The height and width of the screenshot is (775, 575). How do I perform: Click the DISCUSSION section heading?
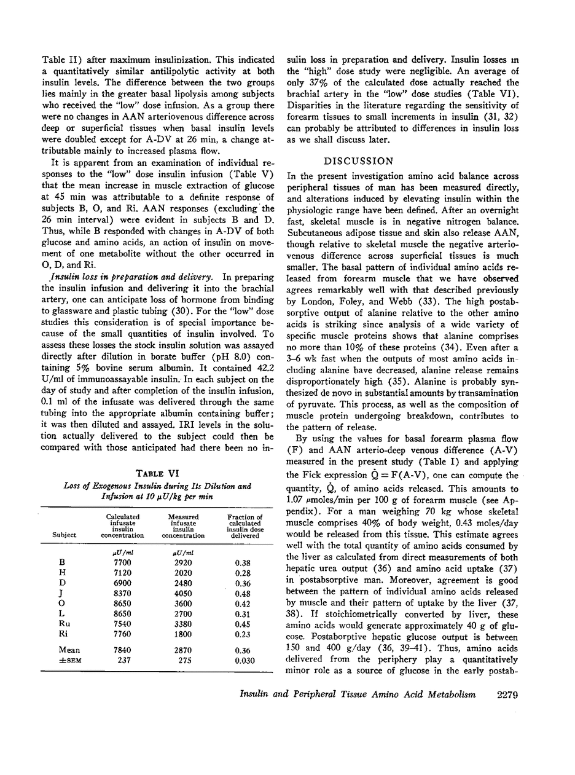point(358,161)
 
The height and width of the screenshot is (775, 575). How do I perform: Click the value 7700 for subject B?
point(122,562)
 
